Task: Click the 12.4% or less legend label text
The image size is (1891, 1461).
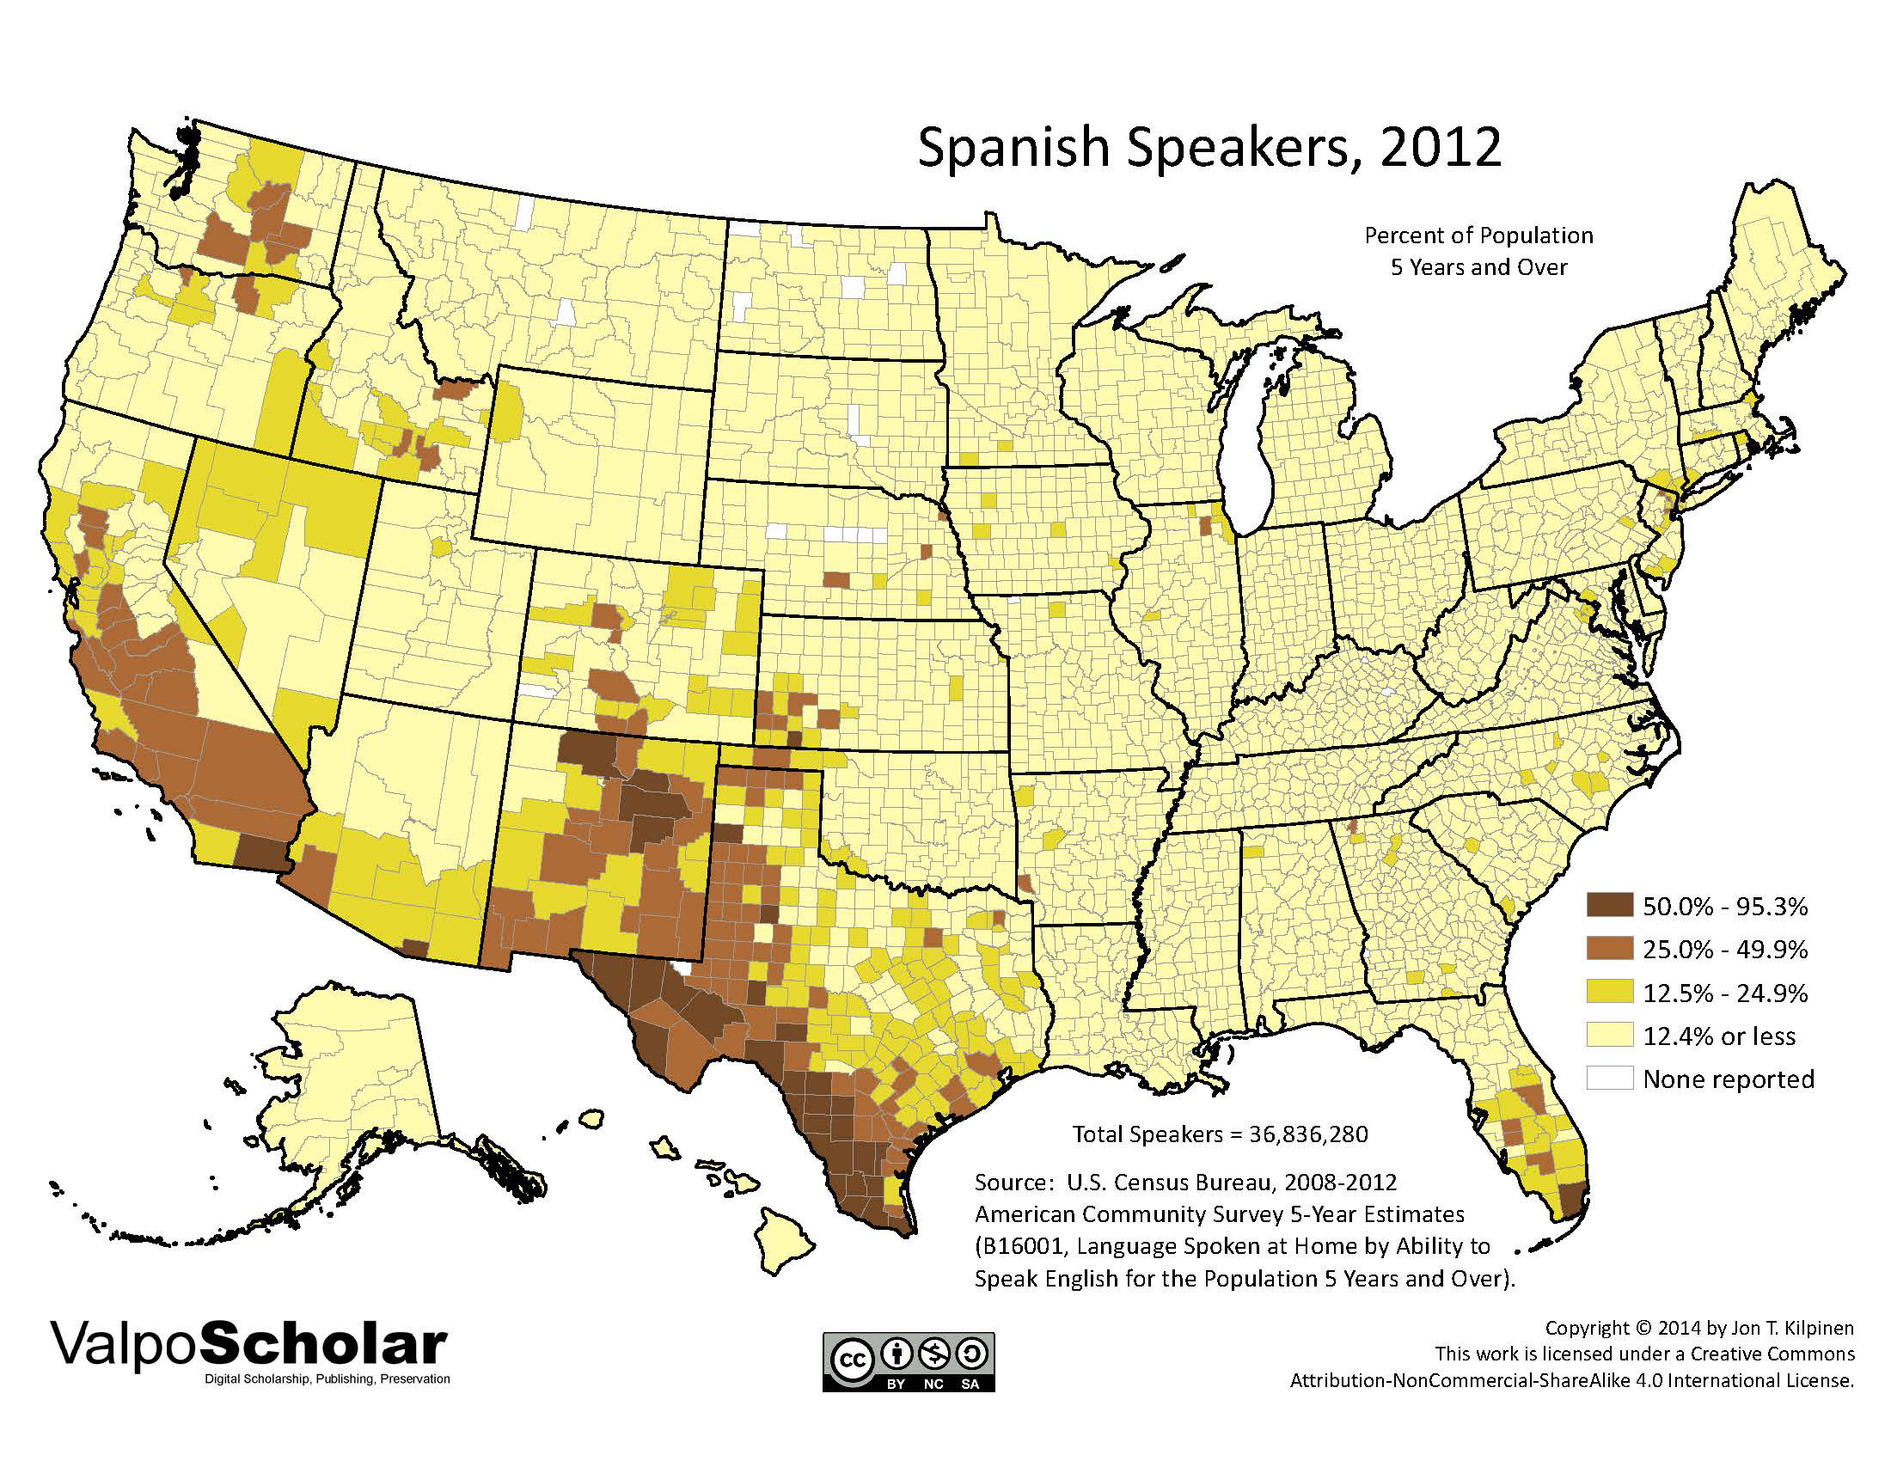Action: point(1719,1036)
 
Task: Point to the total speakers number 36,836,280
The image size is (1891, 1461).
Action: point(1308,1134)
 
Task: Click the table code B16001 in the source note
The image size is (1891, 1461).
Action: point(1024,1247)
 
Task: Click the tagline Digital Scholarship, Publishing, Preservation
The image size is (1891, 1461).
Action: point(327,1378)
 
